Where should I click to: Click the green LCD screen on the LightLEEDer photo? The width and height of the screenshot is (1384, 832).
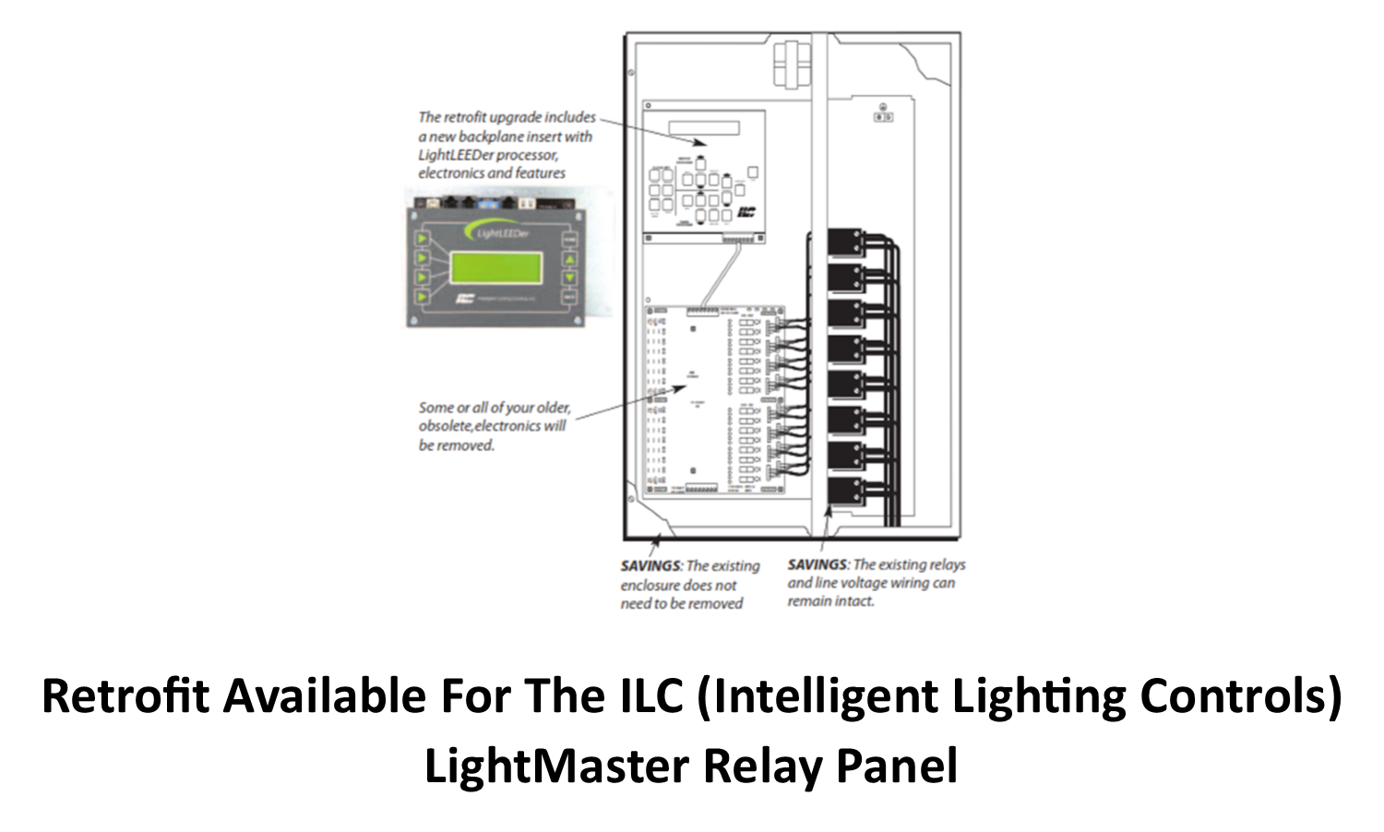(495, 267)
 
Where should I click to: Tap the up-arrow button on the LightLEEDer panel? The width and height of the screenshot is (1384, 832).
(569, 259)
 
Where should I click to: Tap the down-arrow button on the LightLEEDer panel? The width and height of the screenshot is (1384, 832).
(569, 278)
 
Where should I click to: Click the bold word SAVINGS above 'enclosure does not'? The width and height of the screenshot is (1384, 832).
(650, 565)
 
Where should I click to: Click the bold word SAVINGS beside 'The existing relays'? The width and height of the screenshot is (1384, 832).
(817, 565)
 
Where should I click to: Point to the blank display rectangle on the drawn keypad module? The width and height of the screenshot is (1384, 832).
(704, 126)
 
